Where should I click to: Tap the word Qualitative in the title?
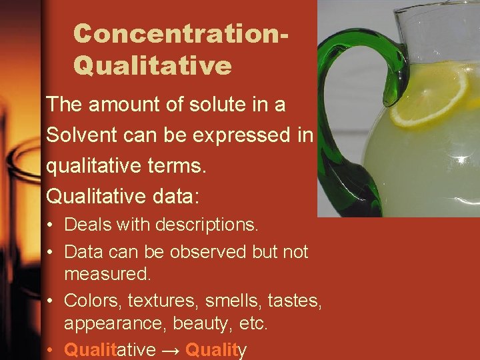point(153,65)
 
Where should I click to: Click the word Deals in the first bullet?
point(88,225)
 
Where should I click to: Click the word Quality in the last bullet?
point(216,349)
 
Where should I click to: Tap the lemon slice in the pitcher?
point(429,100)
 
